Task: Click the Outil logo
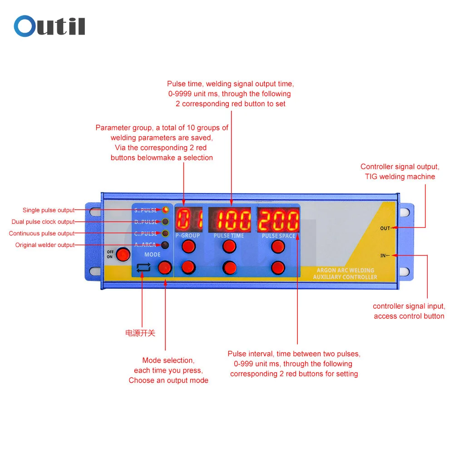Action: click(x=49, y=26)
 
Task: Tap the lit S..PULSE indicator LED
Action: click(x=165, y=210)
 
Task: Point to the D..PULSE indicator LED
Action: click(x=165, y=222)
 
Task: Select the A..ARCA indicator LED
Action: click(x=165, y=245)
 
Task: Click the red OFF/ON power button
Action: click(x=123, y=255)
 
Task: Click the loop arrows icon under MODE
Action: click(x=143, y=267)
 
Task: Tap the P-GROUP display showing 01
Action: click(x=189, y=219)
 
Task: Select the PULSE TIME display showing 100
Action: click(x=230, y=219)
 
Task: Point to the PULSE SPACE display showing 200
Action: click(x=278, y=219)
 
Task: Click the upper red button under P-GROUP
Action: click(x=189, y=247)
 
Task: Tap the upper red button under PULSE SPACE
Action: click(x=278, y=247)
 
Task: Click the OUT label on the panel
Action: click(x=385, y=228)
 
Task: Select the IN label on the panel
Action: click(x=383, y=255)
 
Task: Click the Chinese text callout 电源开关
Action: click(x=140, y=333)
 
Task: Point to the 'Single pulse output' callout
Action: click(x=49, y=210)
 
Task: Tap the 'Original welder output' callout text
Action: click(x=45, y=245)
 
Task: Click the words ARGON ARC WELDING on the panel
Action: click(x=345, y=270)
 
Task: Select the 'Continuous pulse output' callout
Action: click(x=42, y=233)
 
